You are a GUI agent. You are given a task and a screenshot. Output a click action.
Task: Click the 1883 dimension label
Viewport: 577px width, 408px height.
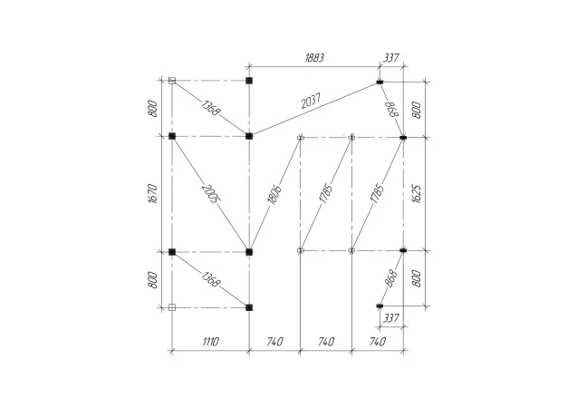(x=314, y=58)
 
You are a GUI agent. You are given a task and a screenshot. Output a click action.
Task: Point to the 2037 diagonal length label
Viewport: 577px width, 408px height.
(x=312, y=102)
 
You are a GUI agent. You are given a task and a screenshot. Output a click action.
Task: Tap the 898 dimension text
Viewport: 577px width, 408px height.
(x=393, y=109)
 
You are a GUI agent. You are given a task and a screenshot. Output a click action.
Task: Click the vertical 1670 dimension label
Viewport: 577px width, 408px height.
(x=153, y=194)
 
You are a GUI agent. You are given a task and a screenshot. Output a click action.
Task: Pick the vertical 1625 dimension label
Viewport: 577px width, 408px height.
(x=416, y=194)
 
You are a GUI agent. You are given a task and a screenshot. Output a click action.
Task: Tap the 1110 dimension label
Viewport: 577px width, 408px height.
(x=210, y=342)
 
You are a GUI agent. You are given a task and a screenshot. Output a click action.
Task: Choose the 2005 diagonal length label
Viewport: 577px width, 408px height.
(x=211, y=194)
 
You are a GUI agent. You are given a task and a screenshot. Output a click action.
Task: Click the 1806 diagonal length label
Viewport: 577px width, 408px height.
(x=274, y=194)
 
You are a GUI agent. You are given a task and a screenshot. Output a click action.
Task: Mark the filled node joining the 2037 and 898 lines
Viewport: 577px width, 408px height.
(x=380, y=82)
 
